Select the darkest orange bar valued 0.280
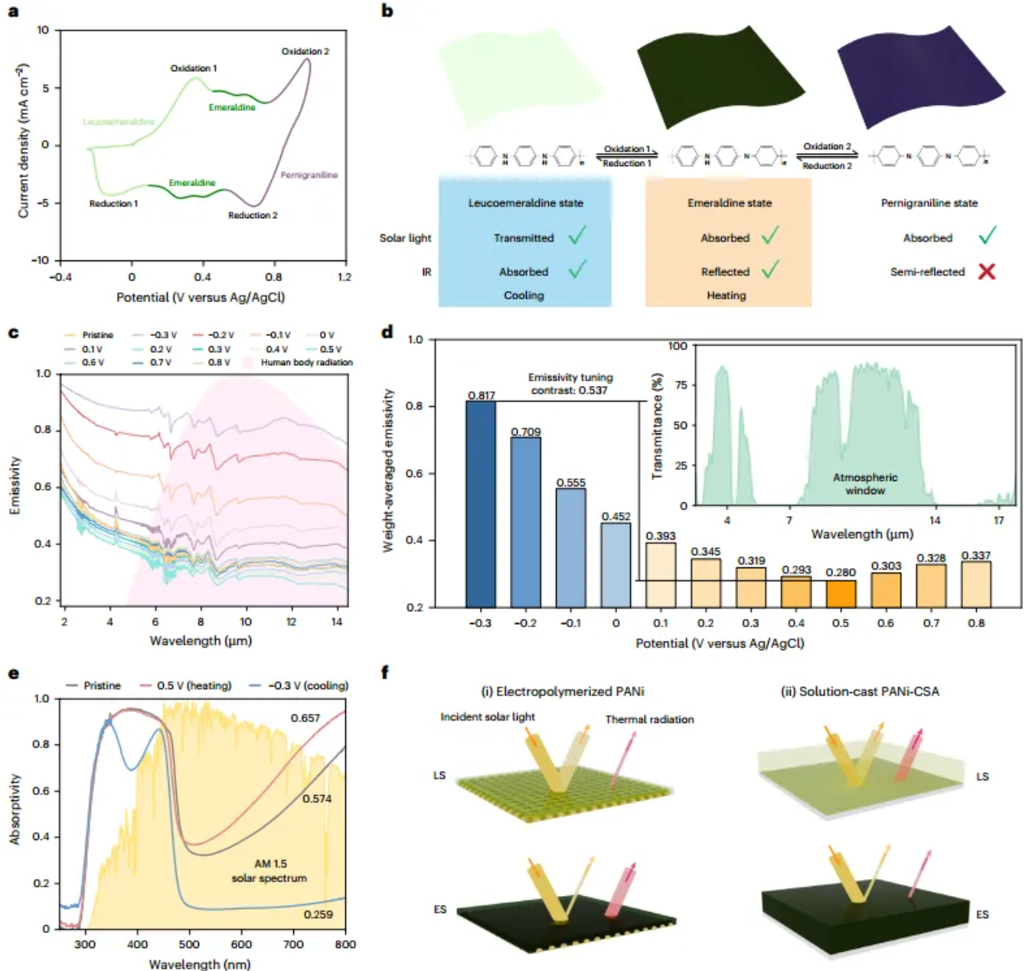click(841, 593)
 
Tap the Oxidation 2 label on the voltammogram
click(305, 51)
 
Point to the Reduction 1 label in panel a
click(113, 204)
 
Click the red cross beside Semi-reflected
click(987, 271)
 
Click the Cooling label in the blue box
click(524, 296)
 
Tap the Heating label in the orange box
click(726, 296)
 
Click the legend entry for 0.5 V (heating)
click(194, 685)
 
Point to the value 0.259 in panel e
click(318, 914)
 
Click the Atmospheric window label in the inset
click(865, 484)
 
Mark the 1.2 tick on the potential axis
click(345, 277)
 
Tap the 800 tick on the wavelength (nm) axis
click(345, 944)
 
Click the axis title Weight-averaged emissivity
click(389, 470)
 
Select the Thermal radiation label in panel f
click(649, 719)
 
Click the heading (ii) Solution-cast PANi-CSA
click(860, 691)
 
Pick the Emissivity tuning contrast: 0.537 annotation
click(570, 384)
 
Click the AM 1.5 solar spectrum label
click(269, 871)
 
